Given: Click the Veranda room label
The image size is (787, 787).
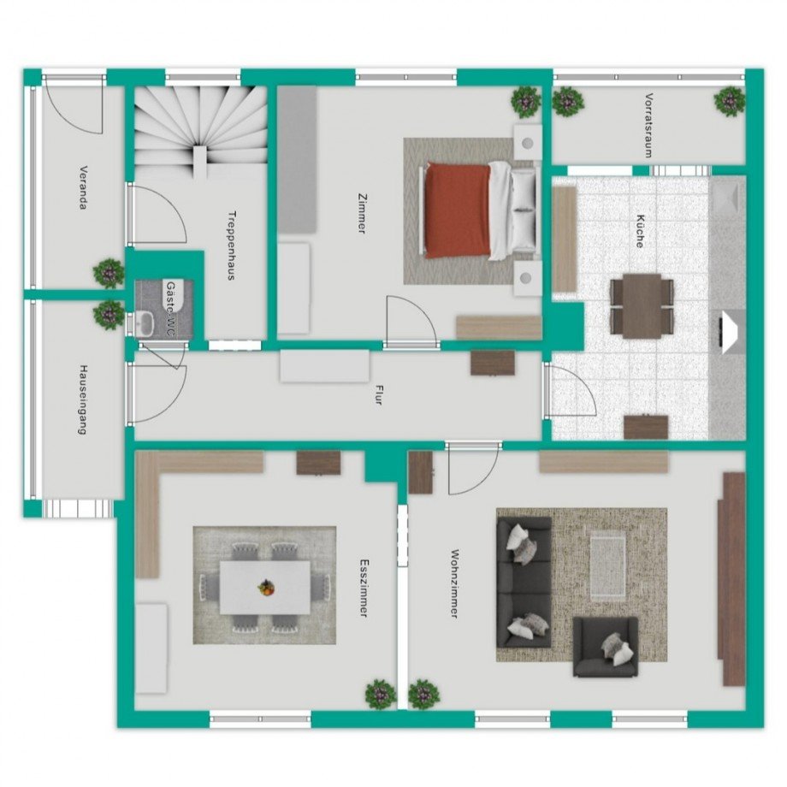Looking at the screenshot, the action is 84,187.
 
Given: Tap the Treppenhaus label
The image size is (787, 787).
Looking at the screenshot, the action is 232,245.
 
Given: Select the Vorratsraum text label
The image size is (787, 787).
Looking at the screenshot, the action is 649,126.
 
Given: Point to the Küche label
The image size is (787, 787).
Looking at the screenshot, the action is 640,231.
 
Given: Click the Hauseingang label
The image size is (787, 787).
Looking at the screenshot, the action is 83,399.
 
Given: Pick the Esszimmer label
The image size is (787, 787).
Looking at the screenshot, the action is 364,588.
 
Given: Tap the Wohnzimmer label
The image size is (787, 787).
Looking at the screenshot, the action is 455,583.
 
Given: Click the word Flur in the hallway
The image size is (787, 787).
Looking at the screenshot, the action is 378,394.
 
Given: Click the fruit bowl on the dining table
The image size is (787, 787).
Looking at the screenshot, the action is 267,587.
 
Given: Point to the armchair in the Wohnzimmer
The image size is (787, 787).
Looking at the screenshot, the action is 606,647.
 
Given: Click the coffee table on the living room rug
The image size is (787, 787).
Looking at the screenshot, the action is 608,568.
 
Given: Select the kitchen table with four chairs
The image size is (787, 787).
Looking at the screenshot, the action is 642,305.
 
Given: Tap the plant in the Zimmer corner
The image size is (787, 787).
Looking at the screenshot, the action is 526,102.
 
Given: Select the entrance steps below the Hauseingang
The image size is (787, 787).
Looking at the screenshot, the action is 77,508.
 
